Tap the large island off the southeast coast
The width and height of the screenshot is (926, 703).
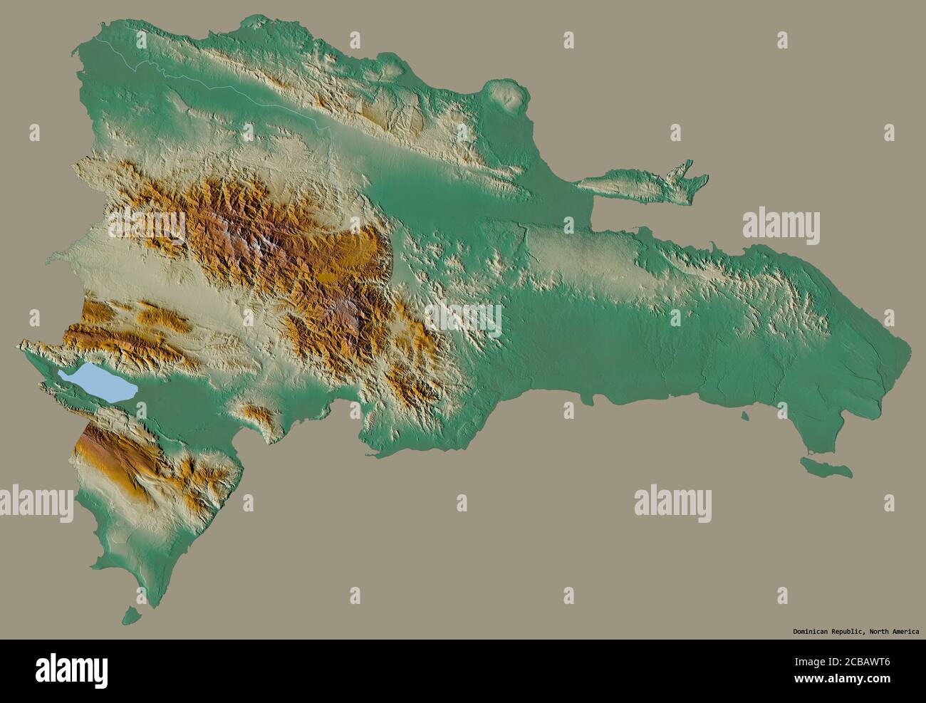point(826,468)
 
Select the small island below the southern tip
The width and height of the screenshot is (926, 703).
point(129,613)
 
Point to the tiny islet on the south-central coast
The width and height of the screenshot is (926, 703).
point(745,417)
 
